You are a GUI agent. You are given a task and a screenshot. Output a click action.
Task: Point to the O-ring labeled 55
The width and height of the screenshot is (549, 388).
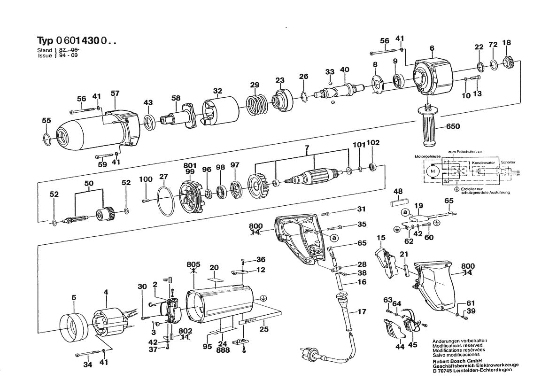click(46, 138)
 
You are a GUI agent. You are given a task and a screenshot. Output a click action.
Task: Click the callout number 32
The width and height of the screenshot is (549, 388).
click(217, 91)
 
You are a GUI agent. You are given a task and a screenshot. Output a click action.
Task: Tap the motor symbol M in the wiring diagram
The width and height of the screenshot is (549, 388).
click(432, 173)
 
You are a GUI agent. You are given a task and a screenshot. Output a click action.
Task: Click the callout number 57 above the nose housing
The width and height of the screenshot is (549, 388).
click(115, 93)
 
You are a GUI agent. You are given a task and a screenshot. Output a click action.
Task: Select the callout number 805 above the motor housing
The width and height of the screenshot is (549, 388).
click(193, 264)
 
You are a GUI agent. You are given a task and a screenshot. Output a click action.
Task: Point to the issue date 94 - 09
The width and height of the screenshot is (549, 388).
click(69, 55)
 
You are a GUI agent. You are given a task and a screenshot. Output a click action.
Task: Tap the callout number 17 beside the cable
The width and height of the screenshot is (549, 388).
click(362, 311)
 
